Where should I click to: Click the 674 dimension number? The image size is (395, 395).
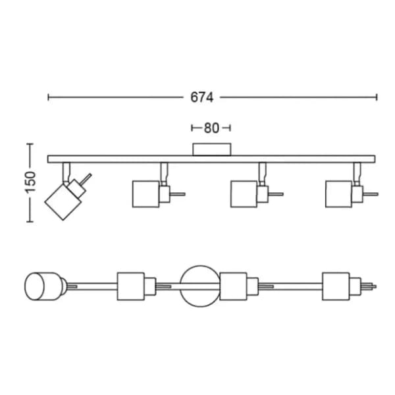click(202, 97)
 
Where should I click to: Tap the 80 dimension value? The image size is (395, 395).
click(211, 128)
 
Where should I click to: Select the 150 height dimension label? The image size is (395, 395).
click(30, 182)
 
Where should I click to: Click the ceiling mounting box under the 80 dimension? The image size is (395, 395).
click(211, 149)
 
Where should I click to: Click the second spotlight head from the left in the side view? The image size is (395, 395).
click(145, 194)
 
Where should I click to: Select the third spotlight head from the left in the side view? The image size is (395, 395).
click(244, 194)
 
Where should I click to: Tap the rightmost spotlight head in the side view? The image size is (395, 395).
click(338, 194)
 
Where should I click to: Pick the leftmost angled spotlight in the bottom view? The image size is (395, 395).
click(43, 286)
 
